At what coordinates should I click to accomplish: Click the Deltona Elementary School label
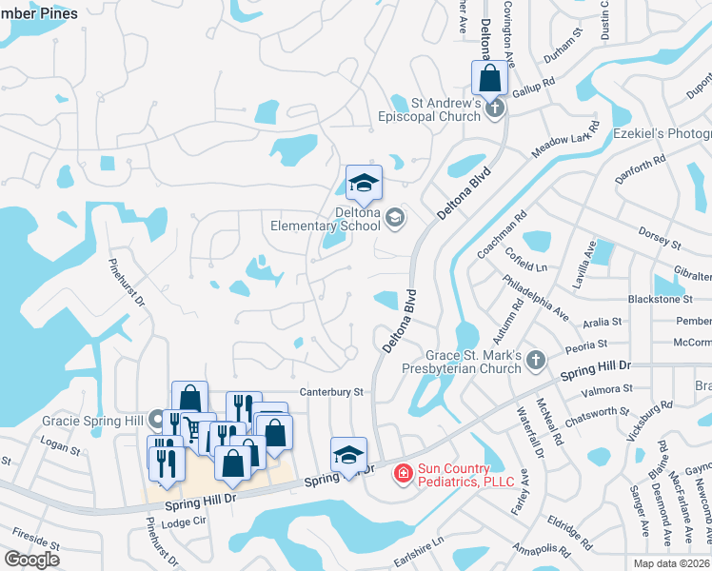pyautogui.click(x=326, y=219)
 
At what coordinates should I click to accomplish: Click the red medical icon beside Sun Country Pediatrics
pyautogui.click(x=403, y=472)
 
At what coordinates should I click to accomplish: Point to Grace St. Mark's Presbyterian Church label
pyautogui.click(x=462, y=362)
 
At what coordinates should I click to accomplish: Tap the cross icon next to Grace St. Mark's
pyautogui.click(x=536, y=360)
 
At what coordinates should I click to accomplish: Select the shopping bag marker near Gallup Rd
pyautogui.click(x=490, y=78)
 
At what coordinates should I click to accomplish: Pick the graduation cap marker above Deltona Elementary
pyautogui.click(x=364, y=183)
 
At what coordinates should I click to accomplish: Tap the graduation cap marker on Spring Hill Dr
pyautogui.click(x=348, y=456)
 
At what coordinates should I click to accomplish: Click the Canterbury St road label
pyautogui.click(x=332, y=391)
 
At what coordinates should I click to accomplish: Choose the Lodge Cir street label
pyautogui.click(x=185, y=522)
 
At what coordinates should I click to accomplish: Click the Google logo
pyautogui.click(x=31, y=560)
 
